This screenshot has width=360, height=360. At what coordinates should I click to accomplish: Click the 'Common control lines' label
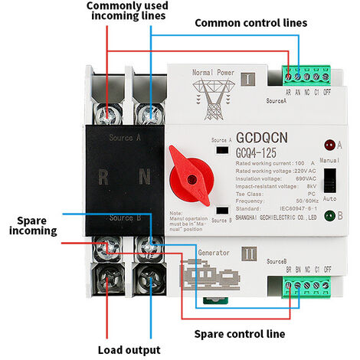pyautogui.click(x=251, y=22)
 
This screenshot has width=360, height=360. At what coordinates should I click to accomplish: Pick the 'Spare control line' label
pyautogui.click(x=240, y=333)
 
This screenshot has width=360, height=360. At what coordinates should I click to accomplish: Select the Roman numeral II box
pyautogui.click(x=246, y=250)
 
